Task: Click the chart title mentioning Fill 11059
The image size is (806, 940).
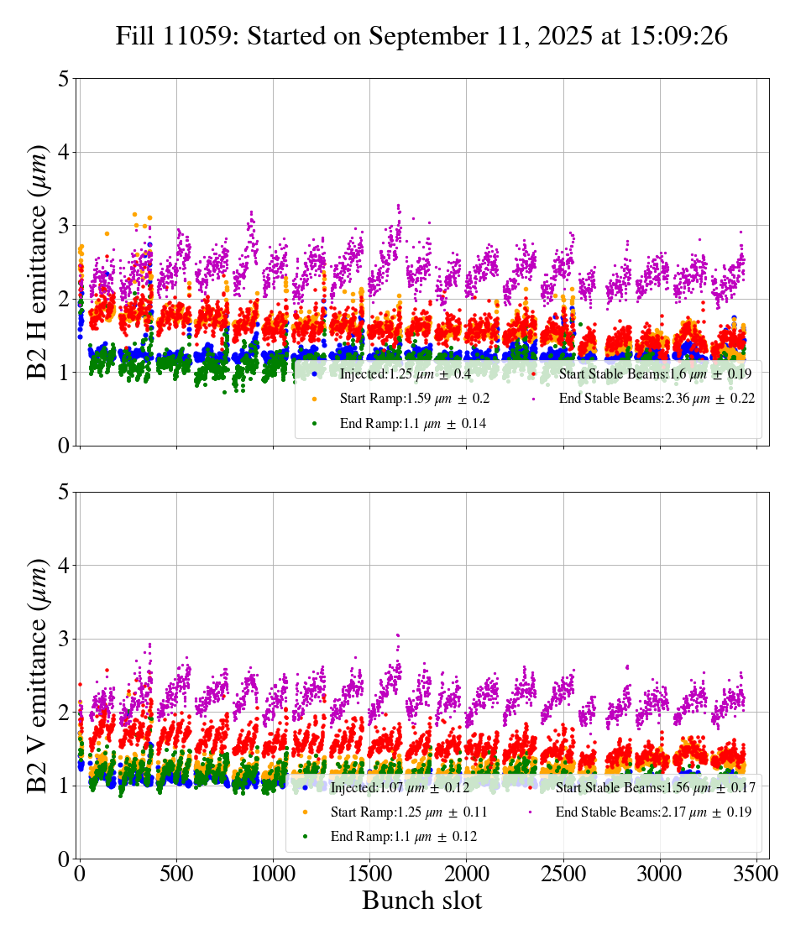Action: (421, 36)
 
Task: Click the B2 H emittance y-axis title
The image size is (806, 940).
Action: (38, 262)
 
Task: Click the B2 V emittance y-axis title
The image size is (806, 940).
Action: (38, 675)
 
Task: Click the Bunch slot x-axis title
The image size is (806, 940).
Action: (421, 901)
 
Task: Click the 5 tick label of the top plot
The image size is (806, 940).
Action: (64, 79)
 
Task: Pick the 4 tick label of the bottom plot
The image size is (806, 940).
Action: (64, 566)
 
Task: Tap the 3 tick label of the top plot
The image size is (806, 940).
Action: (64, 226)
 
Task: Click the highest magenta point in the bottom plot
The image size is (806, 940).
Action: (398, 635)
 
